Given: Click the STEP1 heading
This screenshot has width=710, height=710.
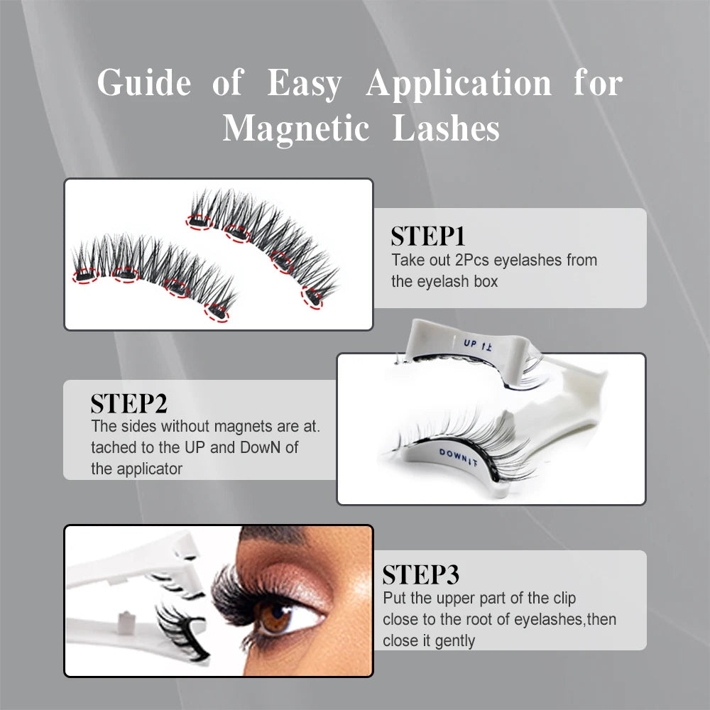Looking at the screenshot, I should tap(427, 236).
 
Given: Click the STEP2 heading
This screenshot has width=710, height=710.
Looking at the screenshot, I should tap(129, 403).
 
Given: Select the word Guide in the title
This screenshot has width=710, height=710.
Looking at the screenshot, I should tap(144, 83).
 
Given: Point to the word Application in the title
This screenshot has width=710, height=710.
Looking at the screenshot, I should tap(459, 83).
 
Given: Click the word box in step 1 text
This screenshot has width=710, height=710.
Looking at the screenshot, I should tap(485, 281).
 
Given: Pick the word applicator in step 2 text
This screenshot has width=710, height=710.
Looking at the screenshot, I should tap(149, 469).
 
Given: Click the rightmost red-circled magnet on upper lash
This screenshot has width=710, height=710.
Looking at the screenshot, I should tap(312, 298).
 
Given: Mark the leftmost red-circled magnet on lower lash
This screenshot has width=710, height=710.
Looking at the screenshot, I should tap(85, 275).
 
